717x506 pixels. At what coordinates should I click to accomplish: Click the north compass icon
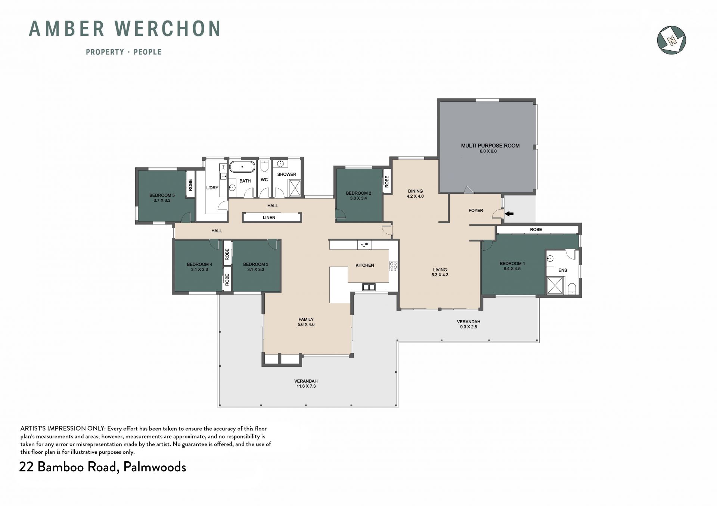pos(671,40)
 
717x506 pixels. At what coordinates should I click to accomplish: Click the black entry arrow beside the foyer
pos(509,214)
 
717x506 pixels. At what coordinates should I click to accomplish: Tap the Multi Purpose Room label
pos(490,145)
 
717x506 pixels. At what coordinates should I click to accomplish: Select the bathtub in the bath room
pos(242,167)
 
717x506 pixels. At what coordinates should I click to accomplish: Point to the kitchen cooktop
pos(394,266)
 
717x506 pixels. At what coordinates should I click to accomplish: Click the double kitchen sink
pos(369,287)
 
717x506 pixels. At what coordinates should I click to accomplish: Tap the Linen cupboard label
pos(269,217)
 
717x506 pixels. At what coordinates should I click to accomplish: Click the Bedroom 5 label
pos(162,195)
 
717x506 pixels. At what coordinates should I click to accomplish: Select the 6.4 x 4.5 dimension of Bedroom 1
pos(512,268)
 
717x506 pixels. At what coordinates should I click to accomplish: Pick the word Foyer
pos(476,210)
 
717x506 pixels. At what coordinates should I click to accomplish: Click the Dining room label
pos(415,191)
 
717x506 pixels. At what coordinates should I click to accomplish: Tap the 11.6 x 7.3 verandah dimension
pos(306,386)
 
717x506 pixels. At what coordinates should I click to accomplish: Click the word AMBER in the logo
pos(67,29)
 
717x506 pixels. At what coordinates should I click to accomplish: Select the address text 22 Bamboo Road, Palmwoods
pos(102,467)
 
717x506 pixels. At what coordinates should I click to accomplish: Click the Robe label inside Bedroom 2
pos(387,181)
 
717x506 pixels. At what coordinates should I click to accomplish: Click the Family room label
pos(306,319)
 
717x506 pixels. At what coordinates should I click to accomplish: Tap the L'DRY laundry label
pos(212,188)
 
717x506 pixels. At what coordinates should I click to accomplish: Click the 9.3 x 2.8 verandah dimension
pos(468,327)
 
